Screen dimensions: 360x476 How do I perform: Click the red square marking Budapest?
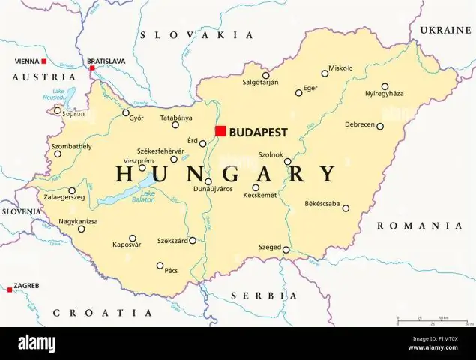tap(220, 131)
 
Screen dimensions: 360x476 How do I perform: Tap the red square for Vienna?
tap(44, 61)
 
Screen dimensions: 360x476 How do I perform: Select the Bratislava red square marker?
tap(92, 68)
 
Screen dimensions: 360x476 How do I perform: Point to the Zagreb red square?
tap(9, 289)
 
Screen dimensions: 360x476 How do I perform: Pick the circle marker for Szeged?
tap(286, 249)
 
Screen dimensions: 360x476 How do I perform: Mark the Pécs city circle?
tap(160, 265)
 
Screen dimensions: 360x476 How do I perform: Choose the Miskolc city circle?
tap(325, 73)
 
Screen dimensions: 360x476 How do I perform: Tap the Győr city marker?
tap(125, 114)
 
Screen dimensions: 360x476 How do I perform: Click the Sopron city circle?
tap(58, 110)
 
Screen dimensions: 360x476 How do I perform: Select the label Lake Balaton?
tap(148, 196)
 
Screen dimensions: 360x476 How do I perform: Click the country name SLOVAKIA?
tap(197, 34)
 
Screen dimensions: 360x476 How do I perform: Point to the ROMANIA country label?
tap(419, 226)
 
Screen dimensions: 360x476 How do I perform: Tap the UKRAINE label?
tap(445, 30)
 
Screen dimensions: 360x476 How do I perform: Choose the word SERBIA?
tap(264, 295)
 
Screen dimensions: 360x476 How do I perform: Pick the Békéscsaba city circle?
tap(346, 208)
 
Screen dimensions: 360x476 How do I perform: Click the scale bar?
tap(433, 321)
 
